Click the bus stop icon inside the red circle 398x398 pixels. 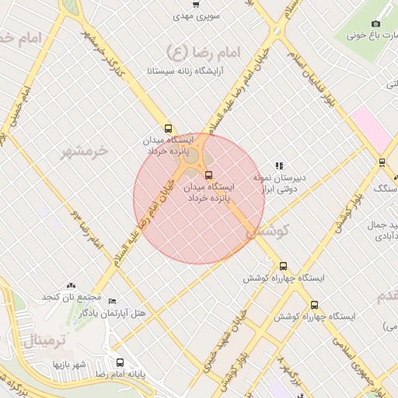[207, 175]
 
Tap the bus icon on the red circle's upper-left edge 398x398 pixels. [169, 129]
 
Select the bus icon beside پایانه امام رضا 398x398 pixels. [119, 362]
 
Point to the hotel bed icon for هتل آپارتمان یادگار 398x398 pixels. [112, 301]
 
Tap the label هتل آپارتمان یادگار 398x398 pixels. [113, 312]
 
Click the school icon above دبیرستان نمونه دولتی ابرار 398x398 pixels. [278, 165]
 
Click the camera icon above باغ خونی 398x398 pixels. [375, 23]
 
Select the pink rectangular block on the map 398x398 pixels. [371, 128]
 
